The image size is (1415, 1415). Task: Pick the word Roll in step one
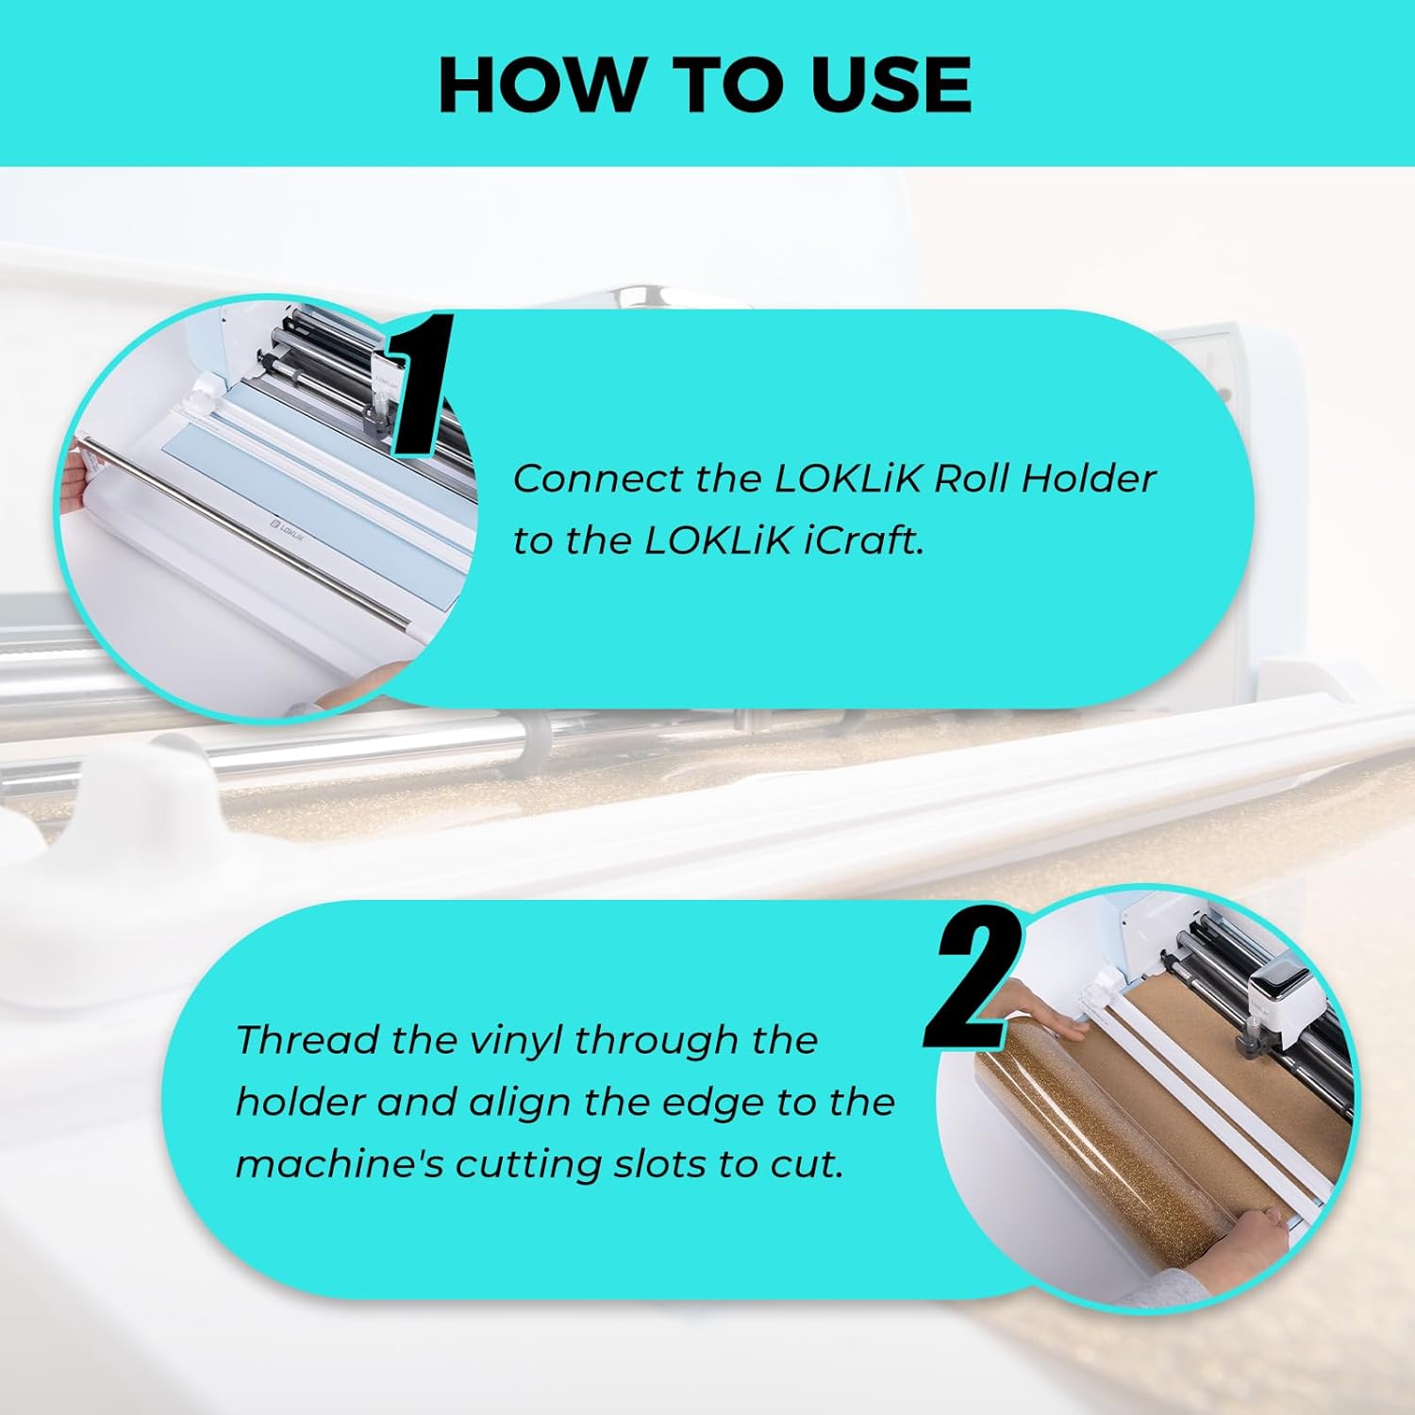[x=971, y=478]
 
